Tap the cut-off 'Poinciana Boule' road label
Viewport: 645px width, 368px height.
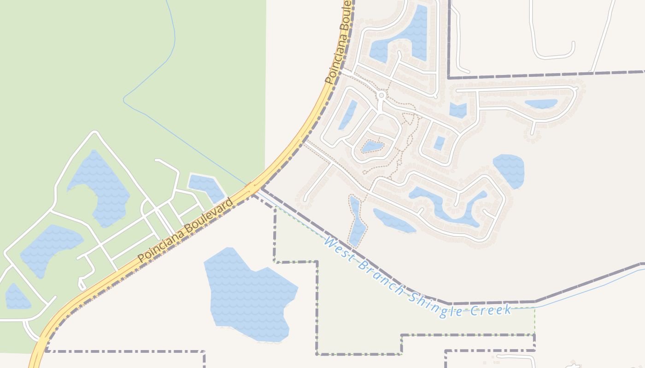click(x=339, y=44)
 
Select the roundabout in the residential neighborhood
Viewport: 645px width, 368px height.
click(x=381, y=96)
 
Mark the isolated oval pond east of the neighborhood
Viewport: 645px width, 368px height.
click(x=509, y=170)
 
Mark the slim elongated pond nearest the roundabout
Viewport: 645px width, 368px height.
click(x=348, y=115)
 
